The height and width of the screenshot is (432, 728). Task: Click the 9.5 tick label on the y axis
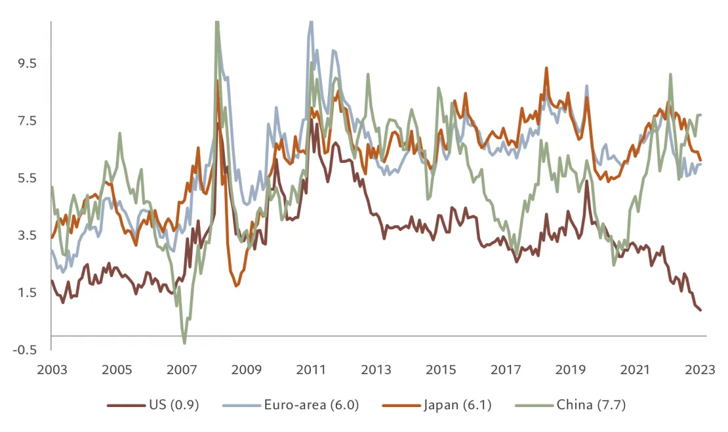click(x=28, y=64)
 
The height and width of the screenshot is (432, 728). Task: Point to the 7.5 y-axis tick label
click(x=28, y=121)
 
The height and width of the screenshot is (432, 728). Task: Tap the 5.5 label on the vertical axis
click(x=28, y=178)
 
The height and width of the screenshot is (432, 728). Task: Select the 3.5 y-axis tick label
click(x=28, y=235)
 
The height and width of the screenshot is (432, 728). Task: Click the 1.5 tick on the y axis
click(x=28, y=292)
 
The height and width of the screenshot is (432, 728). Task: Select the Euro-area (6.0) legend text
click(x=308, y=405)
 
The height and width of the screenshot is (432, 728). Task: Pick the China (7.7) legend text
click(x=592, y=405)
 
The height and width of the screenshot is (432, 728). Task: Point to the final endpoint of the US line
click(x=700, y=310)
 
